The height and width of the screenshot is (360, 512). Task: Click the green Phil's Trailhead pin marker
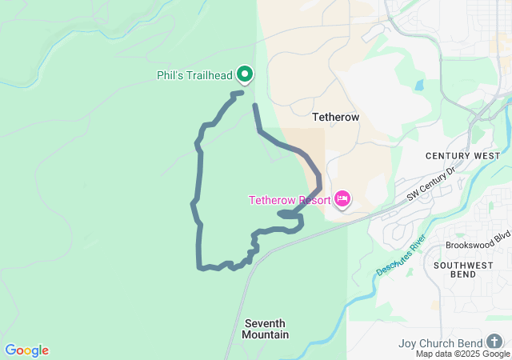click(245, 74)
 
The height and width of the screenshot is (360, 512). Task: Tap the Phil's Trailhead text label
click(194, 76)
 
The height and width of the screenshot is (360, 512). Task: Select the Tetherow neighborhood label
click(335, 117)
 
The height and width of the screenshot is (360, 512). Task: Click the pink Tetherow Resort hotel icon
click(342, 198)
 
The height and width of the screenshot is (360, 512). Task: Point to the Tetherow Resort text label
click(289, 200)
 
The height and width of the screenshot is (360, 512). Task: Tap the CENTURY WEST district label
click(462, 155)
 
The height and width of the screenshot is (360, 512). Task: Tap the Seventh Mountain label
click(265, 329)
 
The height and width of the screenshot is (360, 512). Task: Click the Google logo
click(26, 350)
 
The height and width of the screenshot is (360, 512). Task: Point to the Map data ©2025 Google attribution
click(462, 354)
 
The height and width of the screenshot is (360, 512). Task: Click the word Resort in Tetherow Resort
click(312, 200)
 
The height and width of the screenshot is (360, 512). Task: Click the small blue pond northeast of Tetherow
click(418, 85)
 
